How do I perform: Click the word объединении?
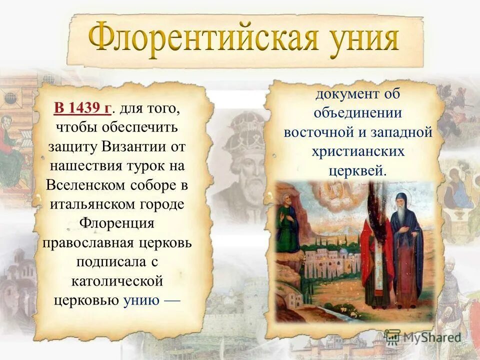coord(357,113)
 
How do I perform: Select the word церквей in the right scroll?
coord(357,170)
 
